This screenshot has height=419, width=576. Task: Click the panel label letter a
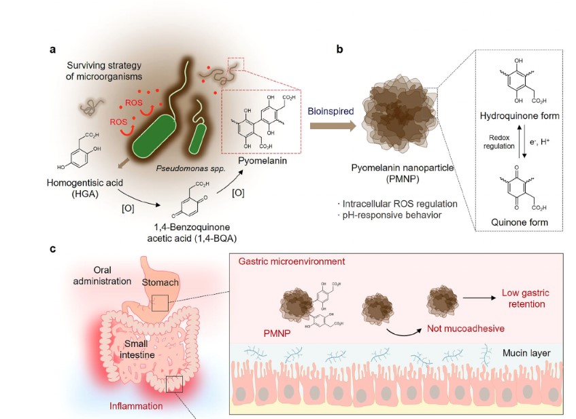pyautogui.click(x=52, y=50)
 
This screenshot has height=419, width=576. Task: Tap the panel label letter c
pyautogui.click(x=52, y=249)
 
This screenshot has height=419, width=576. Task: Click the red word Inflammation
pyautogui.click(x=136, y=406)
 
